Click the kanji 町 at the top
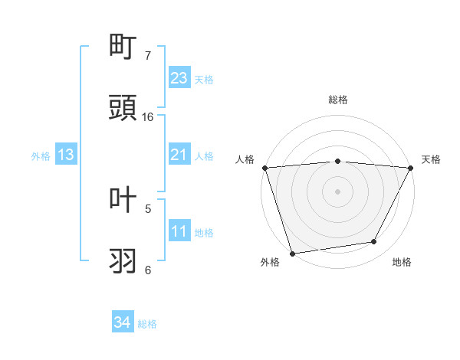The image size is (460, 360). click(124, 47)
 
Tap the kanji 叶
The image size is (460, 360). click(124, 200)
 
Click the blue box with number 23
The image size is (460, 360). click(179, 78)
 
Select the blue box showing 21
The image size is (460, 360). click(179, 155)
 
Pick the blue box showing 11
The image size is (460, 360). click(179, 231)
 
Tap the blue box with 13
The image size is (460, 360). click(66, 155)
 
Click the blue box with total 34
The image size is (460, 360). click(123, 322)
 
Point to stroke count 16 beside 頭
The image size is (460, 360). click(148, 117)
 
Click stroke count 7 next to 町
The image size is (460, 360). click(148, 56)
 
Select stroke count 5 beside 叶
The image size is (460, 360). click(148, 208)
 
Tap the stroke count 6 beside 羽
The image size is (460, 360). click(148, 270)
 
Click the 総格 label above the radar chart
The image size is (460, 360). click(338, 100)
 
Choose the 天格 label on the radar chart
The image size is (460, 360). click(431, 159)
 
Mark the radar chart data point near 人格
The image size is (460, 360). click(265, 168)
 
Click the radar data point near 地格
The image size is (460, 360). click(374, 242)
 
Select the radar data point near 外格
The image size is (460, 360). click(292, 253)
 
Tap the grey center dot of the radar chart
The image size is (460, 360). click(337, 191)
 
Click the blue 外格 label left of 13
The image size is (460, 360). click(41, 155)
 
